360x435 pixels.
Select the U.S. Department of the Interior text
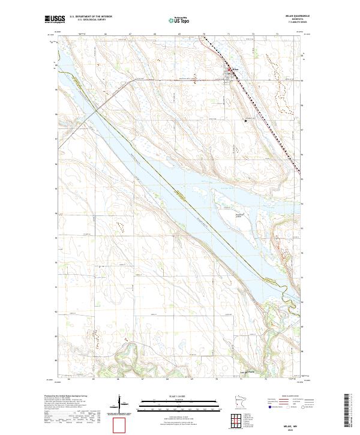91,17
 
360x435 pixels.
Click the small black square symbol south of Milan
245,121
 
